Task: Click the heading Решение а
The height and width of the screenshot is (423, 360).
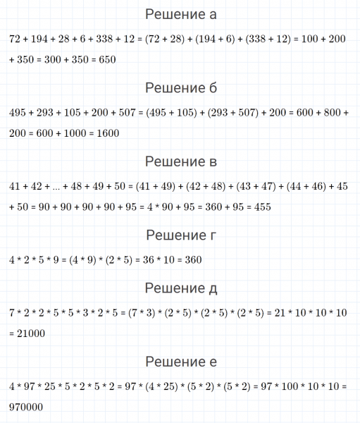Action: pyautogui.click(x=180, y=14)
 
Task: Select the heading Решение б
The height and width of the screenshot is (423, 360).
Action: pyautogui.click(x=180, y=88)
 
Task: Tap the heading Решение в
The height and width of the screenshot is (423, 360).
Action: pyautogui.click(x=180, y=162)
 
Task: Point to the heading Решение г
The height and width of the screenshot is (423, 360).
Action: pyautogui.click(x=180, y=235)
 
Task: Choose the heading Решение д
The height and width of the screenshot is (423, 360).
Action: pyautogui.click(x=180, y=288)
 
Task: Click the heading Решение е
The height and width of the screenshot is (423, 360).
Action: pyautogui.click(x=180, y=362)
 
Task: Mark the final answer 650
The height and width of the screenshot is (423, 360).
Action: pyautogui.click(x=104, y=60)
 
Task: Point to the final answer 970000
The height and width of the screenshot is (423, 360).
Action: pyautogui.click(x=26, y=407)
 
